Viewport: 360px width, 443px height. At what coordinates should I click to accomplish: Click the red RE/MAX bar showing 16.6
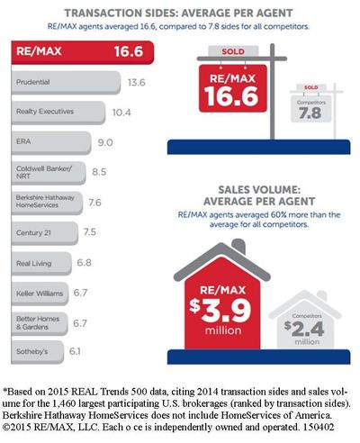pos(83,52)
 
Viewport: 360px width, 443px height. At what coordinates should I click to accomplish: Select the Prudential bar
pos(66,83)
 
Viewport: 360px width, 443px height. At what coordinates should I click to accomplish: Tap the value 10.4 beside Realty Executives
pos(121,113)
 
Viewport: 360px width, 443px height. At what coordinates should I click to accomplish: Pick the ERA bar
pos(51,142)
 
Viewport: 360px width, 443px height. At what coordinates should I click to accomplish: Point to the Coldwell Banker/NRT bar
pos(49,173)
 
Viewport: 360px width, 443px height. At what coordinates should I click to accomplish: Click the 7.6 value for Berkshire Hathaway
pos(94,203)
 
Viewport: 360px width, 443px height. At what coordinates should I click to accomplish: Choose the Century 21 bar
pos(45,233)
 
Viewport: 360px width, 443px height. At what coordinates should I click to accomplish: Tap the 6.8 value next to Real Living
pos(84,263)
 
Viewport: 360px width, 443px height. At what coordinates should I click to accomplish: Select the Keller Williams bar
pos(40,294)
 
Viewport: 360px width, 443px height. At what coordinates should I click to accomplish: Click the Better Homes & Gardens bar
pos(40,323)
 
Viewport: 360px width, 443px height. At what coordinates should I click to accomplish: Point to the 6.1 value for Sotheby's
pos(75,351)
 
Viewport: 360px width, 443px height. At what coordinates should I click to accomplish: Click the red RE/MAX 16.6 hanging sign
pos(233,88)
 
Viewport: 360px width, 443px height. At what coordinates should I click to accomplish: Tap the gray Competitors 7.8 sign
pos(310,109)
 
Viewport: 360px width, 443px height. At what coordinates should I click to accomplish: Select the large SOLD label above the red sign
pos(233,51)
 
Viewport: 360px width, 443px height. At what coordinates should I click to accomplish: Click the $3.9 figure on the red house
pos(220,311)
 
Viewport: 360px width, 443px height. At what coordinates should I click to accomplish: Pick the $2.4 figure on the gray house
pos(304,329)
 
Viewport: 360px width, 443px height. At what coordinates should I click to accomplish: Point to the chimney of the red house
pos(238,247)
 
